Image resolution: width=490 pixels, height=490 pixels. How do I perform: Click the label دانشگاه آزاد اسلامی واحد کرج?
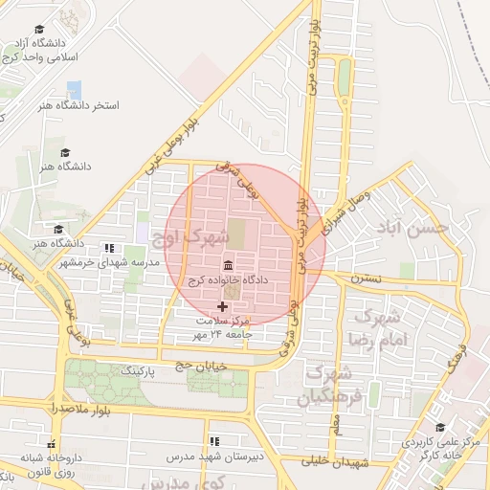pyautogui.click(x=41, y=51)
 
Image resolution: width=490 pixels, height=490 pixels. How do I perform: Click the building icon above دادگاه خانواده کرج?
pyautogui.click(x=228, y=264)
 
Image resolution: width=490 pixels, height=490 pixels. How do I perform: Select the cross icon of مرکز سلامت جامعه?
pyautogui.click(x=223, y=306)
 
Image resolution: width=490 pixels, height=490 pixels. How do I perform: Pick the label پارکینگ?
pyautogui.click(x=135, y=369)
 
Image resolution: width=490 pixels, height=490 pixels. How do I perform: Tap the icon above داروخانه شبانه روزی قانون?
pyautogui.click(x=53, y=444)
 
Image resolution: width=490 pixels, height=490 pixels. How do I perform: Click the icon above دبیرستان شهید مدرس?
pyautogui.click(x=214, y=442)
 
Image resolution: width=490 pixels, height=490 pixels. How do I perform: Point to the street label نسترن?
pyautogui.click(x=365, y=278)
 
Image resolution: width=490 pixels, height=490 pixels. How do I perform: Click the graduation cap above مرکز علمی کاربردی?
pyautogui.click(x=439, y=428)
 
